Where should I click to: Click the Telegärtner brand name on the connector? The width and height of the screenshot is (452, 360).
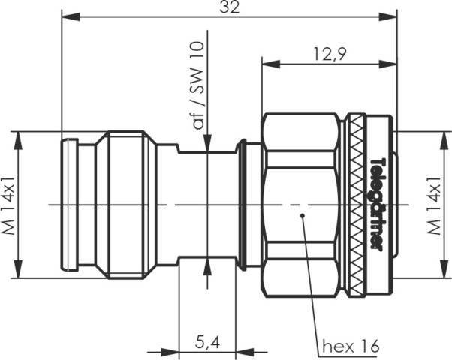[379, 202]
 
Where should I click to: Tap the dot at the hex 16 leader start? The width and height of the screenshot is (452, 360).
[302, 216]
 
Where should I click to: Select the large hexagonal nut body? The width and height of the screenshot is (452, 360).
[300, 180]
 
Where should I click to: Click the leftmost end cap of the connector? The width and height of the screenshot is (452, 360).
[70, 204]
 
